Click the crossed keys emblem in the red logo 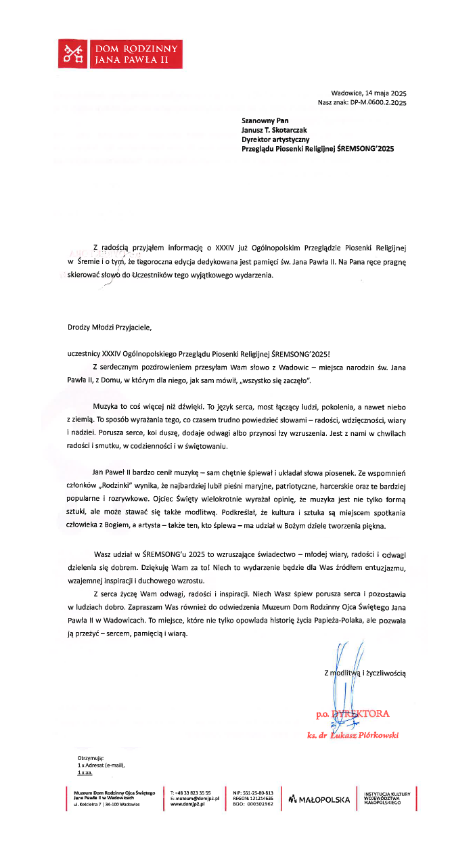72,53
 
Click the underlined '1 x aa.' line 85,772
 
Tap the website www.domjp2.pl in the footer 187,803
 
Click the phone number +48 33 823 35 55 194,792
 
